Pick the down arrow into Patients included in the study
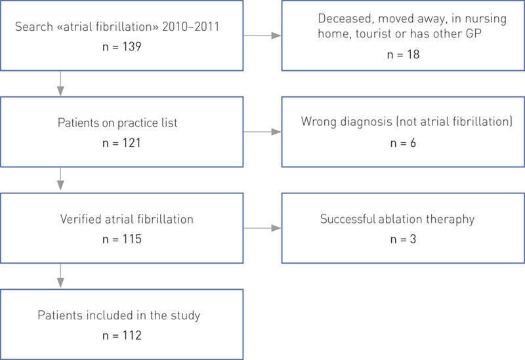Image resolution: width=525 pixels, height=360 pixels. [60, 276]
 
